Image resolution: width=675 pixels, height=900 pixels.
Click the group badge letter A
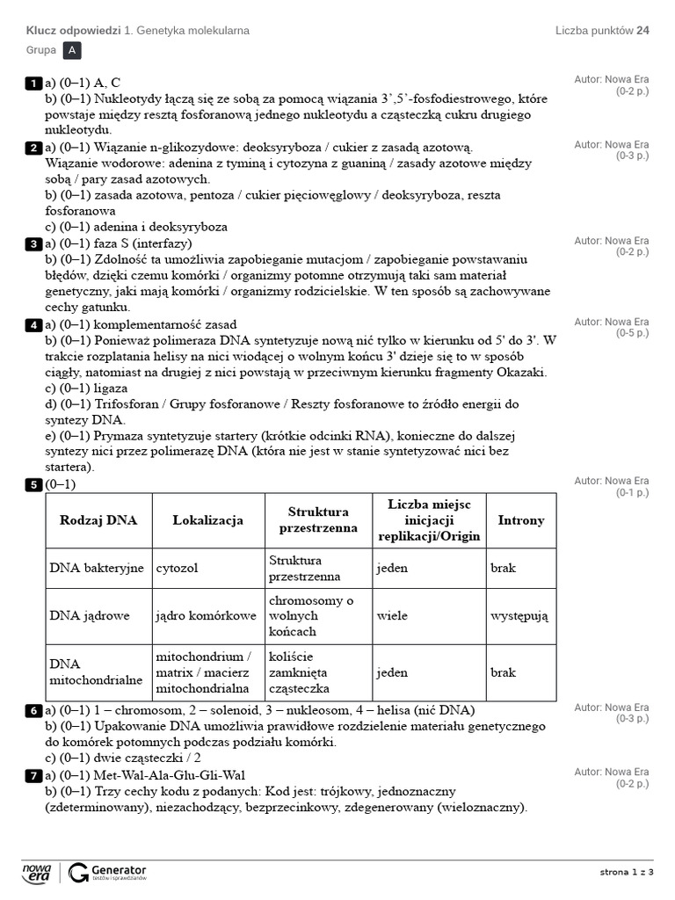click(x=72, y=51)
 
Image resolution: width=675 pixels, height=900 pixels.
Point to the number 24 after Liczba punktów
click(x=643, y=31)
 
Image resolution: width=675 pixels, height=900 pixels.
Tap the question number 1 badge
click(x=33, y=83)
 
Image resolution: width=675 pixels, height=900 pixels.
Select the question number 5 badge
click(x=33, y=484)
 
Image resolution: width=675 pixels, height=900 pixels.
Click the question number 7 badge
click(x=33, y=775)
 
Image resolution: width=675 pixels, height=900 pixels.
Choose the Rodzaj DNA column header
click(x=98, y=520)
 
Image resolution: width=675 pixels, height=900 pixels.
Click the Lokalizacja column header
click(x=207, y=520)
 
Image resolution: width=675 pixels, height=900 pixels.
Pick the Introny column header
click(x=521, y=520)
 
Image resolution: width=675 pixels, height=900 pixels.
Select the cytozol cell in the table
click(x=177, y=568)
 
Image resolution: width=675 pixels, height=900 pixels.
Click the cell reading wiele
click(x=392, y=616)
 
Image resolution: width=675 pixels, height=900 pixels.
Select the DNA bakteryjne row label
click(x=97, y=568)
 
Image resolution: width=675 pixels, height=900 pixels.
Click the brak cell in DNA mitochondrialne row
click(x=503, y=672)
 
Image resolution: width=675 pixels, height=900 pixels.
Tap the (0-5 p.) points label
click(x=632, y=333)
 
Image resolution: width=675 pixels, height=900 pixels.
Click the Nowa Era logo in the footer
click(x=37, y=872)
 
